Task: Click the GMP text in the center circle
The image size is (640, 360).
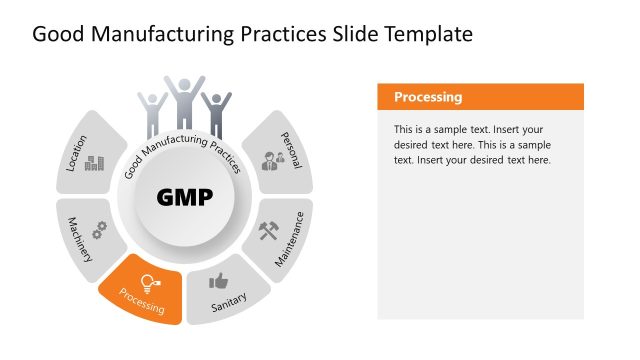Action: click(x=185, y=197)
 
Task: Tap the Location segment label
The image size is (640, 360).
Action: click(x=76, y=153)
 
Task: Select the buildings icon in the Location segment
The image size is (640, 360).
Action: click(x=95, y=162)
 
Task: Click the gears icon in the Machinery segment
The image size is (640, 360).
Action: click(x=99, y=229)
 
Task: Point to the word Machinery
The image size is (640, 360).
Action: click(x=80, y=239)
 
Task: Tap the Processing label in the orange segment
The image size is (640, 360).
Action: click(x=141, y=302)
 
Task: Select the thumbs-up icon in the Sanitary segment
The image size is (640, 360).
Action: click(x=218, y=281)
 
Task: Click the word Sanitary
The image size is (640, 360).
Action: click(x=229, y=304)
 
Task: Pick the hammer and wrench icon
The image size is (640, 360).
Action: click(x=269, y=231)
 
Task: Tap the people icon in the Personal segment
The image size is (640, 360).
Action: click(x=272, y=160)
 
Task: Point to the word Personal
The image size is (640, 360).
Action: click(x=291, y=150)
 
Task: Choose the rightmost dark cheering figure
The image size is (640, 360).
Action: click(x=215, y=113)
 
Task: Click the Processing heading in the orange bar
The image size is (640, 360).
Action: click(x=428, y=97)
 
